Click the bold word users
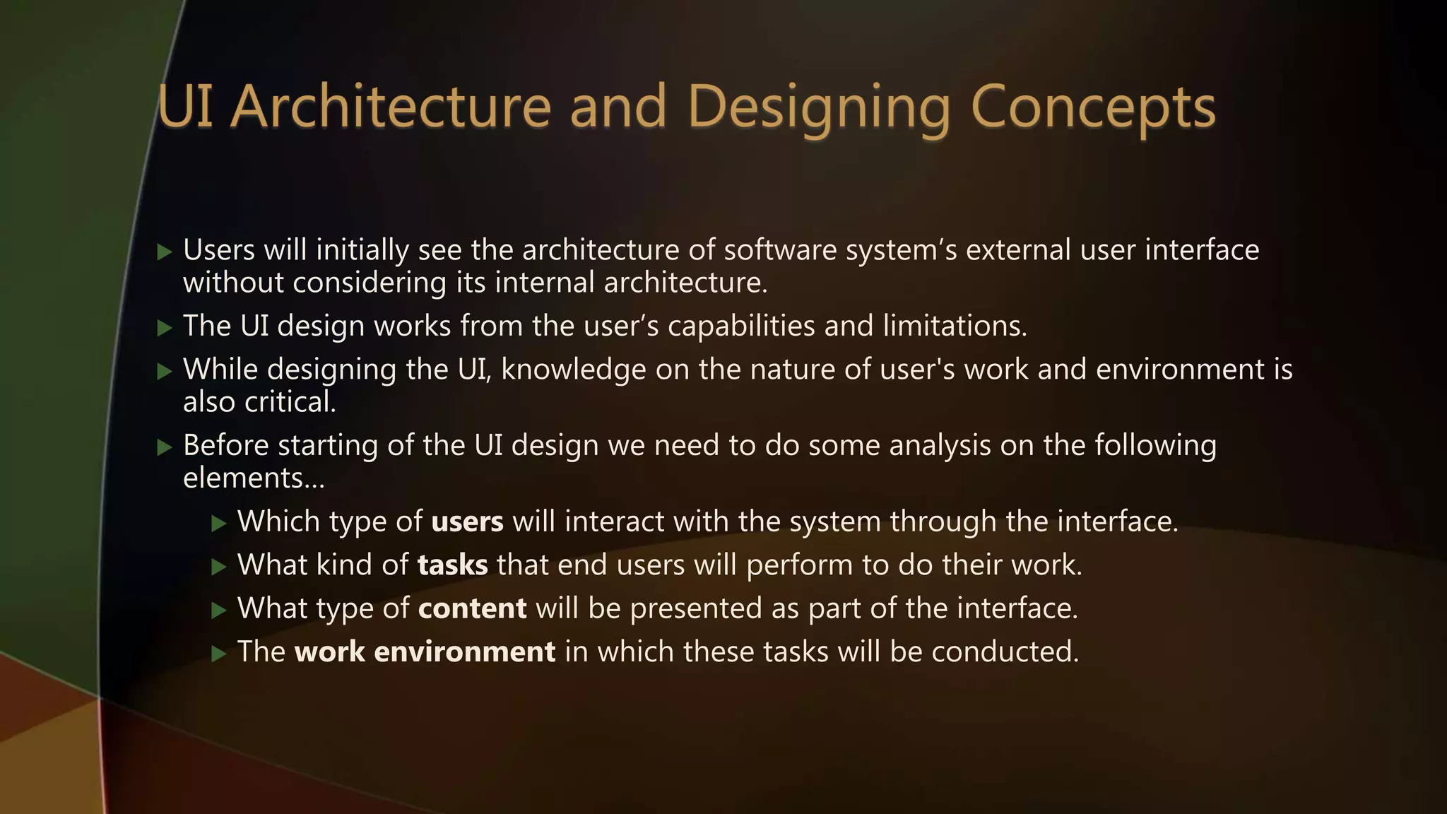click(x=467, y=521)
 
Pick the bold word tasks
click(x=452, y=565)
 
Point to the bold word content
click(x=472, y=608)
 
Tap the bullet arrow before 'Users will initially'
click(x=165, y=252)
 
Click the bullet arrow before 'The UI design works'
click(x=165, y=327)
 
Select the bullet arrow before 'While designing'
click(x=165, y=371)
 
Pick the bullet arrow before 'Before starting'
click(x=165, y=447)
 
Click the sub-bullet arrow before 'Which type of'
click(x=219, y=523)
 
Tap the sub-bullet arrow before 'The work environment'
click(x=219, y=653)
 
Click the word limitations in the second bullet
click(x=954, y=326)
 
